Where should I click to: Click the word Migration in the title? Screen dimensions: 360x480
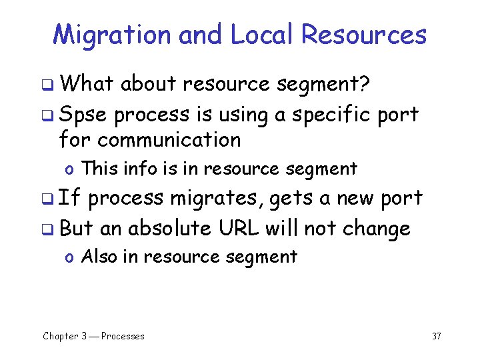111,35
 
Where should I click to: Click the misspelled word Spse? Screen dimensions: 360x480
83,115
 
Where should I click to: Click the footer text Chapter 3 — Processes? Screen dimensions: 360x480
93,336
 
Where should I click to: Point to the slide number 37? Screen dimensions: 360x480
437,336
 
